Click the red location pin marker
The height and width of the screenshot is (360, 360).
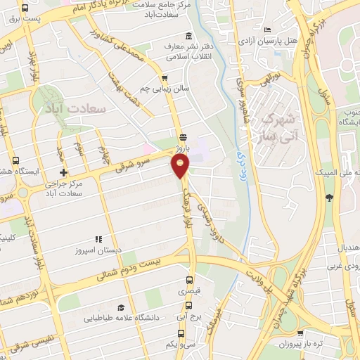click(181, 165)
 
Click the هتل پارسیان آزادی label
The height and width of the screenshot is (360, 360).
click(285, 41)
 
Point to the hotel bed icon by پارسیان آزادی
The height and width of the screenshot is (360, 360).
click(267, 30)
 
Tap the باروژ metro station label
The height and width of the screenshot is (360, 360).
click(183, 148)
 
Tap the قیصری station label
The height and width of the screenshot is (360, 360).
click(188, 291)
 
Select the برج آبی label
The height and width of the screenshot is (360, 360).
click(189, 317)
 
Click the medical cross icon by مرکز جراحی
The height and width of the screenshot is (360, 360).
click(63, 172)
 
